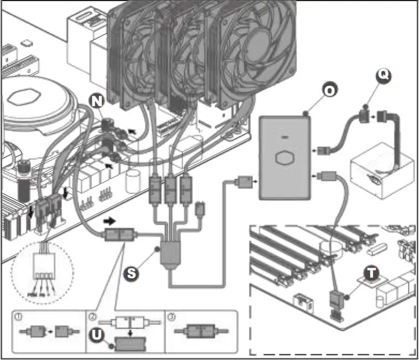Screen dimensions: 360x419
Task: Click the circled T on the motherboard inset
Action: pyautogui.click(x=371, y=273)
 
